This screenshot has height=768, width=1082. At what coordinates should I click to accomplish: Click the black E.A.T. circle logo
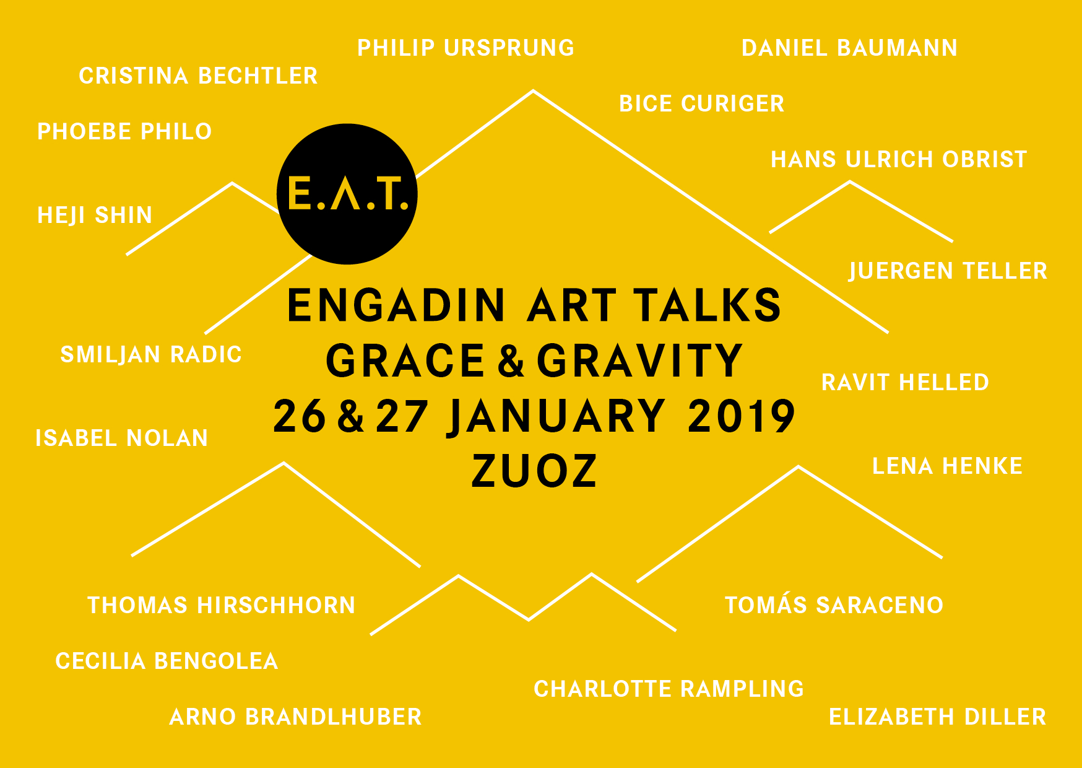click(x=347, y=194)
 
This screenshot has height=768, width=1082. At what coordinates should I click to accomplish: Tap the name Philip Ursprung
click(x=466, y=48)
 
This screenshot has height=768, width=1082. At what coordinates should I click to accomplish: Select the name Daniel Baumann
click(x=849, y=48)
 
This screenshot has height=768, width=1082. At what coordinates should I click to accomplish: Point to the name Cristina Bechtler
click(x=198, y=76)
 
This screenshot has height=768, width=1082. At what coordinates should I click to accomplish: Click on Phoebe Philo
click(x=124, y=131)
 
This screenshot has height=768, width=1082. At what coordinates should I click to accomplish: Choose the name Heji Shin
click(x=95, y=216)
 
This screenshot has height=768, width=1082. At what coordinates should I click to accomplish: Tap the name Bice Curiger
click(x=702, y=103)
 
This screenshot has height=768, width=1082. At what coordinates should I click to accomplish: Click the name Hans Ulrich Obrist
click(x=899, y=159)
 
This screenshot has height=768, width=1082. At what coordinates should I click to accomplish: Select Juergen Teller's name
click(x=948, y=271)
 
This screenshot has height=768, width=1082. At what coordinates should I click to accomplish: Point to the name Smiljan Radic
click(x=151, y=355)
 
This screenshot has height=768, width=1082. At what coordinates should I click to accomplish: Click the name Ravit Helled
click(x=905, y=382)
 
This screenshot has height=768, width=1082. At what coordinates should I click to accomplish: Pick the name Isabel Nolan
click(x=122, y=438)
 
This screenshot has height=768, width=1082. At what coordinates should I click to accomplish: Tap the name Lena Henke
click(x=947, y=466)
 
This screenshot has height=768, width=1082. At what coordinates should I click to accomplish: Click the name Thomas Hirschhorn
click(x=222, y=605)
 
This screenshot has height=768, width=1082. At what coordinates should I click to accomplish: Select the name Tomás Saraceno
click(x=834, y=604)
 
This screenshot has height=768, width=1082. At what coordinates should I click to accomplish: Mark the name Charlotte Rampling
click(x=669, y=689)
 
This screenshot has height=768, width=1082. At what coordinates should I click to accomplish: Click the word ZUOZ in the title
click(x=534, y=471)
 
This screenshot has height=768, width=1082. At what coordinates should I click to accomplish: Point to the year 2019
click(x=741, y=416)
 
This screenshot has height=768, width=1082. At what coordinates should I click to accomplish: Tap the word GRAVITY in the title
click(x=639, y=360)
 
